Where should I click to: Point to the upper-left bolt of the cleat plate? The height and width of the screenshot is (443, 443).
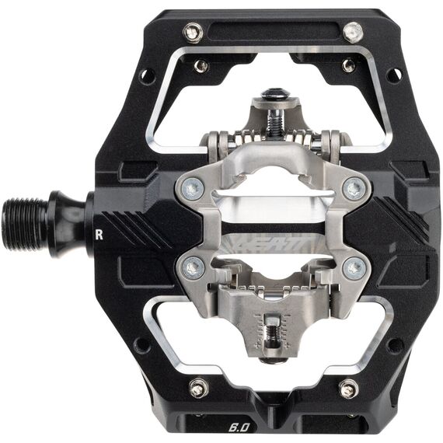pyautogui.click(x=193, y=187)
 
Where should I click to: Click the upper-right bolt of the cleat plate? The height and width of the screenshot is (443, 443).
pyautogui.click(x=356, y=187)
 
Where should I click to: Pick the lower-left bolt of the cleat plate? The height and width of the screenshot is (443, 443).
pyautogui.click(x=194, y=268)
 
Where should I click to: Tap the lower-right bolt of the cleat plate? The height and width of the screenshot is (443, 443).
pyautogui.click(x=354, y=268)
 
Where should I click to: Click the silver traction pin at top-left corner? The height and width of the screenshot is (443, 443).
pyautogui.click(x=193, y=32)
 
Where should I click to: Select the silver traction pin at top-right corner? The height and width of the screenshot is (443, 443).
pyautogui.click(x=353, y=32)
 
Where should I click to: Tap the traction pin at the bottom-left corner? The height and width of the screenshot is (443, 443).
pyautogui.click(x=199, y=386)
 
